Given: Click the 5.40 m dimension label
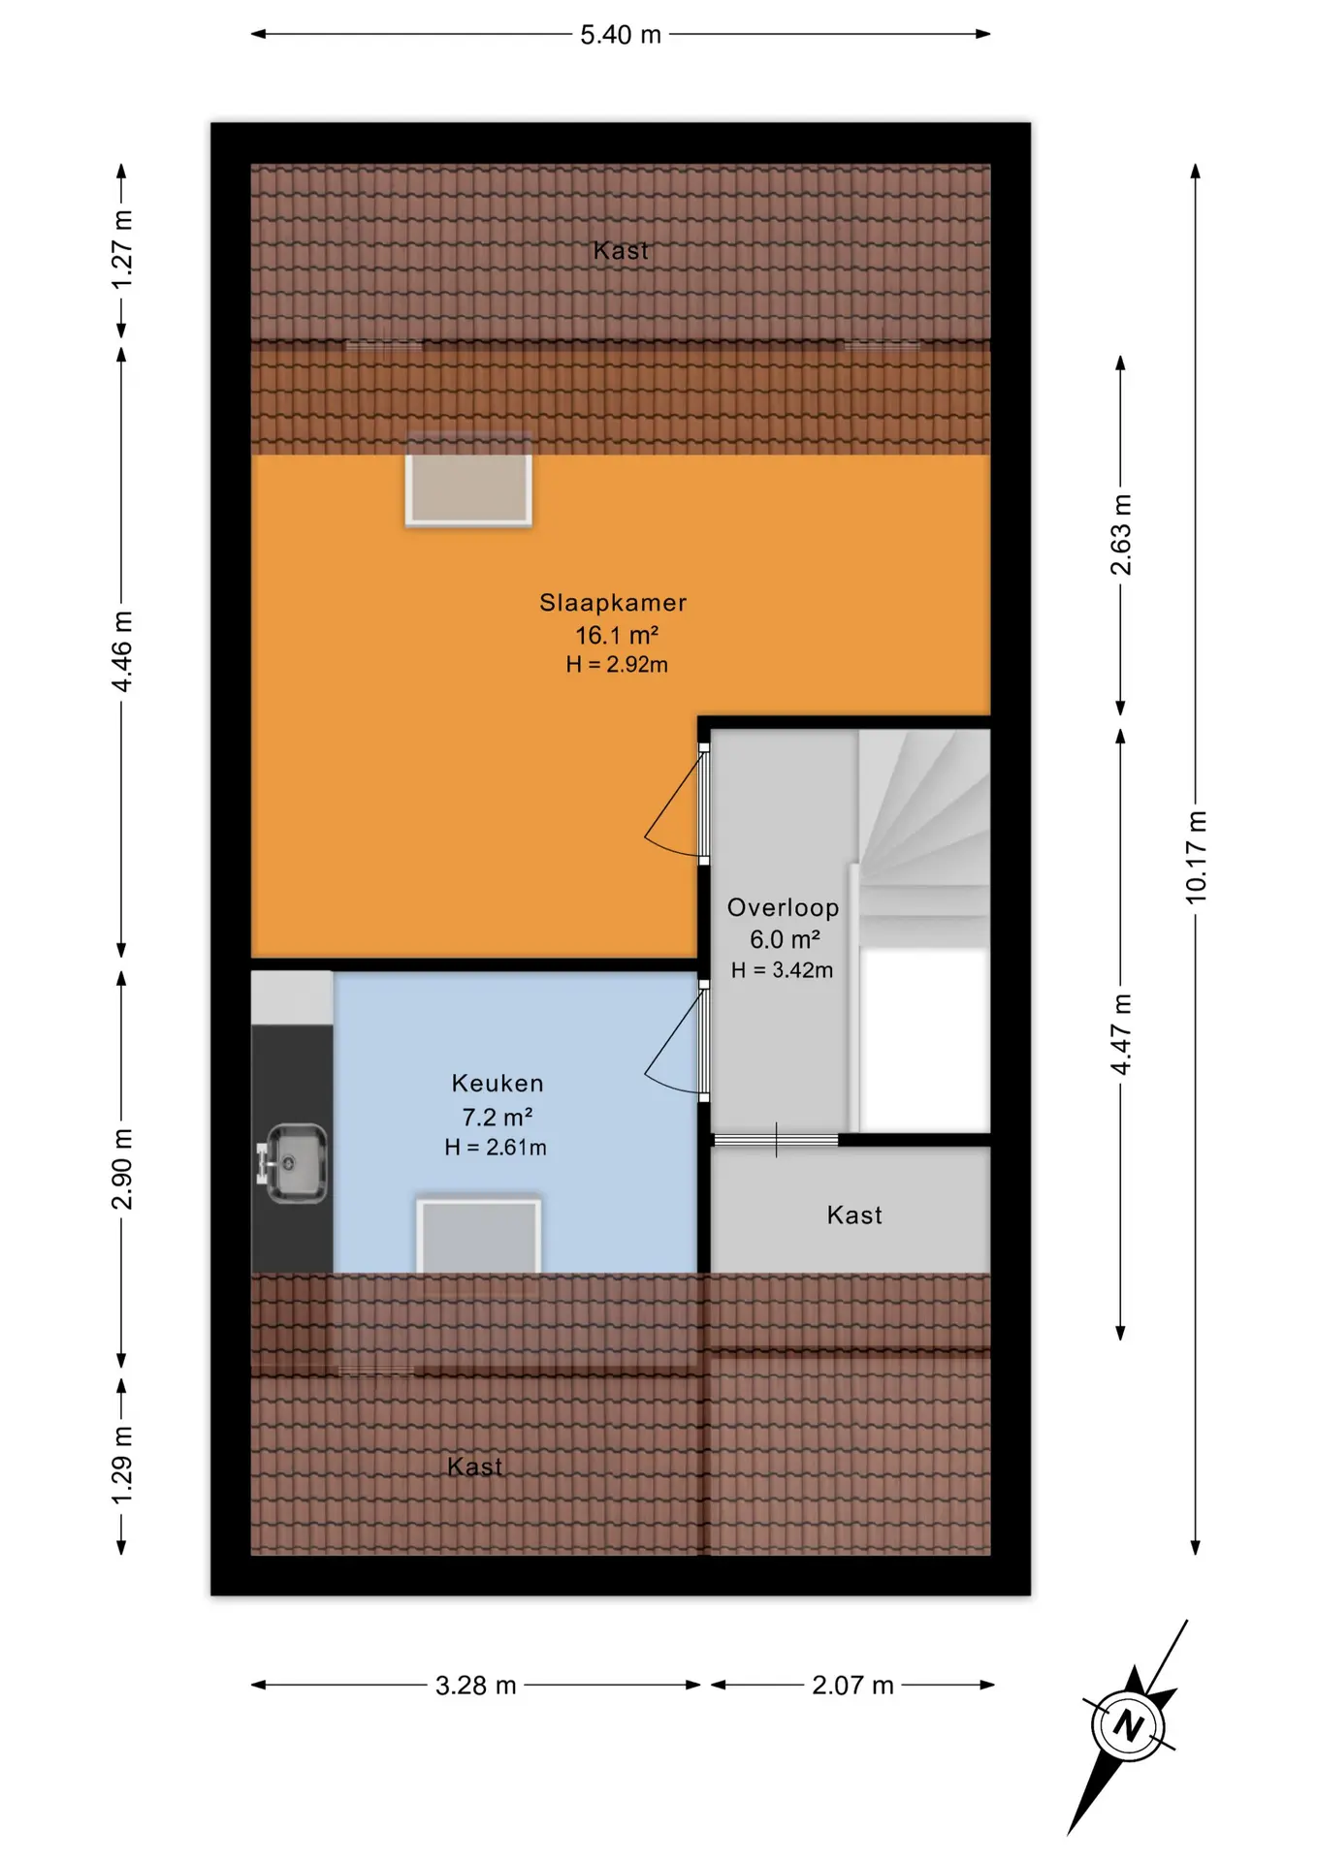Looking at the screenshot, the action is (621, 35).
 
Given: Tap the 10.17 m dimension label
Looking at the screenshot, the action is (1197, 858).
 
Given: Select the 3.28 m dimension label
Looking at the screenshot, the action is (475, 1686).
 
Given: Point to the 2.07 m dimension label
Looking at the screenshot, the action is (852, 1686).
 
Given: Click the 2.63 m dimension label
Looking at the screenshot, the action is (1121, 535).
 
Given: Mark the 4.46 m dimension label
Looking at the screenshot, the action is (122, 651).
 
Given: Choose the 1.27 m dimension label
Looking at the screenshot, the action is (122, 249).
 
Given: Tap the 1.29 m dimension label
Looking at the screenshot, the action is (122, 1466).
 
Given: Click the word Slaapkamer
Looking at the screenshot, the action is (613, 603).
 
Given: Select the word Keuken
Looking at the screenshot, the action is (498, 1084).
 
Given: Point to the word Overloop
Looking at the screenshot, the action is (783, 908).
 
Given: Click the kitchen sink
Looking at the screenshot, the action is (292, 1162).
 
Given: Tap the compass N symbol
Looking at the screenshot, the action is (1128, 1725).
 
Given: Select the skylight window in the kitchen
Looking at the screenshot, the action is (479, 1236).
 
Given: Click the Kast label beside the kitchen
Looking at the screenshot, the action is (854, 1215).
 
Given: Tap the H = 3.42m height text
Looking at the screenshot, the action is (782, 970).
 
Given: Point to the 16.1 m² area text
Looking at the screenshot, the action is (617, 636).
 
